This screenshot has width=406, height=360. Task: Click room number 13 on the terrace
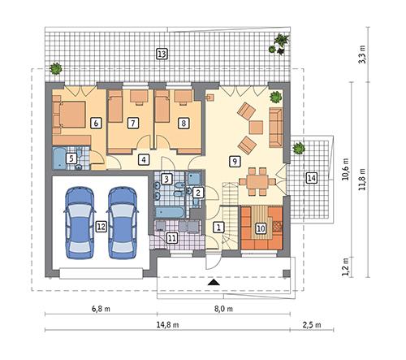pyautogui.click(x=162, y=54)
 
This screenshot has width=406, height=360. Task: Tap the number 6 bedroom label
pyautogui.click(x=96, y=123)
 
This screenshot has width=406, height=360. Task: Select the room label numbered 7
pyautogui.click(x=132, y=123)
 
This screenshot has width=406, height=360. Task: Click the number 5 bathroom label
pyautogui.click(x=71, y=158)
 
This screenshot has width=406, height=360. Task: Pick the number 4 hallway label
pyautogui.click(x=143, y=159)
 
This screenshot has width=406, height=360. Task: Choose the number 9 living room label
pyautogui.click(x=235, y=161)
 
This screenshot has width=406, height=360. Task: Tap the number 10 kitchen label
pyautogui.click(x=261, y=228)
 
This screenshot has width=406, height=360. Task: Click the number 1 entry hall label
pyautogui.click(x=218, y=228)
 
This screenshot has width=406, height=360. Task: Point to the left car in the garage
pyautogui.click(x=80, y=220)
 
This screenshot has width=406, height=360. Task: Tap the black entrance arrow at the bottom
pyautogui.click(x=214, y=281)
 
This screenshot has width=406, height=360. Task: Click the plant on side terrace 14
pyautogui.click(x=298, y=148)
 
